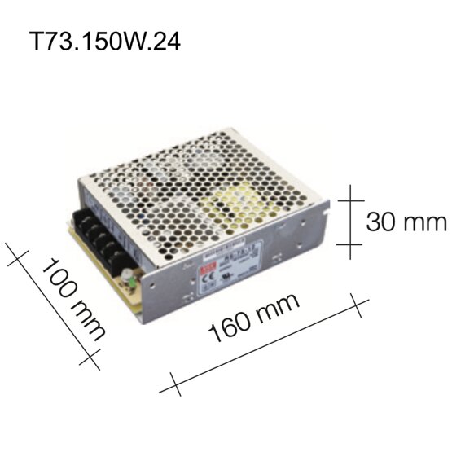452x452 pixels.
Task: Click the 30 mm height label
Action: (x=406, y=222)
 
